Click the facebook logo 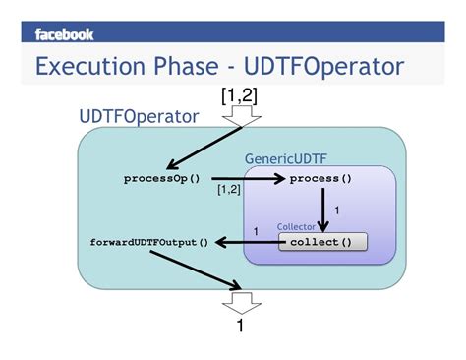(65, 34)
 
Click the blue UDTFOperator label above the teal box (139, 117)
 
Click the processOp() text (161, 178)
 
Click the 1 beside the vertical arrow (337, 210)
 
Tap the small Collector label (296, 226)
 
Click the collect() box (321, 242)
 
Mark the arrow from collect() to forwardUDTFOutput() (247, 242)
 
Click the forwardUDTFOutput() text (149, 242)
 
